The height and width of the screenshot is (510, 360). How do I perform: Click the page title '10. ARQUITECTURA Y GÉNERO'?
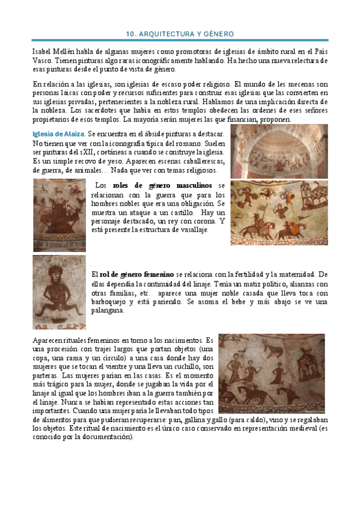click(180, 34)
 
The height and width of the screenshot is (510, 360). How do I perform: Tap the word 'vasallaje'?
click(187, 229)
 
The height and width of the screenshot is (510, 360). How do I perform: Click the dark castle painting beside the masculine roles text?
click(59, 215)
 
